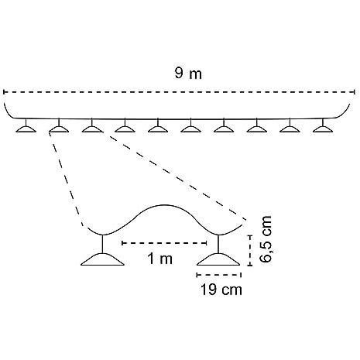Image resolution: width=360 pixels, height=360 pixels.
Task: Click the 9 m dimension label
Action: (x=188, y=74)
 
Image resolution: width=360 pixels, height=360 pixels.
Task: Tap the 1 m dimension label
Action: (x=160, y=259)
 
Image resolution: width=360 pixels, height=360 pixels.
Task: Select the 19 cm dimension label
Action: (x=221, y=290)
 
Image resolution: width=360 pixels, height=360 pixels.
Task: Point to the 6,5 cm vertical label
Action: (x=266, y=239)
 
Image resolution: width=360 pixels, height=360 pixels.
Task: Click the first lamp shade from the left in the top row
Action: (x=26, y=129)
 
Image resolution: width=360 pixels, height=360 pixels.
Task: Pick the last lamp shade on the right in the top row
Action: (x=323, y=129)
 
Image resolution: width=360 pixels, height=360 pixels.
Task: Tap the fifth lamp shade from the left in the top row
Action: (x=158, y=129)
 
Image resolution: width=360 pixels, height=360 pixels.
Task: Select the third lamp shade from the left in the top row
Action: (x=92, y=129)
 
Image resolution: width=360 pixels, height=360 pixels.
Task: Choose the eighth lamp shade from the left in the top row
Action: (x=257, y=129)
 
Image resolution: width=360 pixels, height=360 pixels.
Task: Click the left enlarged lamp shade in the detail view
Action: (x=102, y=259)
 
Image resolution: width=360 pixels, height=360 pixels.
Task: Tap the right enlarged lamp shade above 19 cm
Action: (x=218, y=259)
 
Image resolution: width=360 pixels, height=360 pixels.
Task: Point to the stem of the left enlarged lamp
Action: (x=103, y=244)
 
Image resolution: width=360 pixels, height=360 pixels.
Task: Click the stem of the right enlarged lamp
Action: (x=219, y=244)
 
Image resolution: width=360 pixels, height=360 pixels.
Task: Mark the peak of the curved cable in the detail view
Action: (x=163, y=205)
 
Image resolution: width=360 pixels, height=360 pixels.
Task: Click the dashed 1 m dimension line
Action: (x=164, y=243)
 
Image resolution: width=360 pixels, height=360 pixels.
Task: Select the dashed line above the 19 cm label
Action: (x=219, y=275)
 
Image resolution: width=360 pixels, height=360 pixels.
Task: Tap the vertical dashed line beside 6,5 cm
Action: (x=250, y=250)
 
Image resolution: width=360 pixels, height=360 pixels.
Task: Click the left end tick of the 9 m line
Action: (x=4, y=92)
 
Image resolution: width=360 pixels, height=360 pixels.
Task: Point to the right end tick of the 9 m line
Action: (x=355, y=92)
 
